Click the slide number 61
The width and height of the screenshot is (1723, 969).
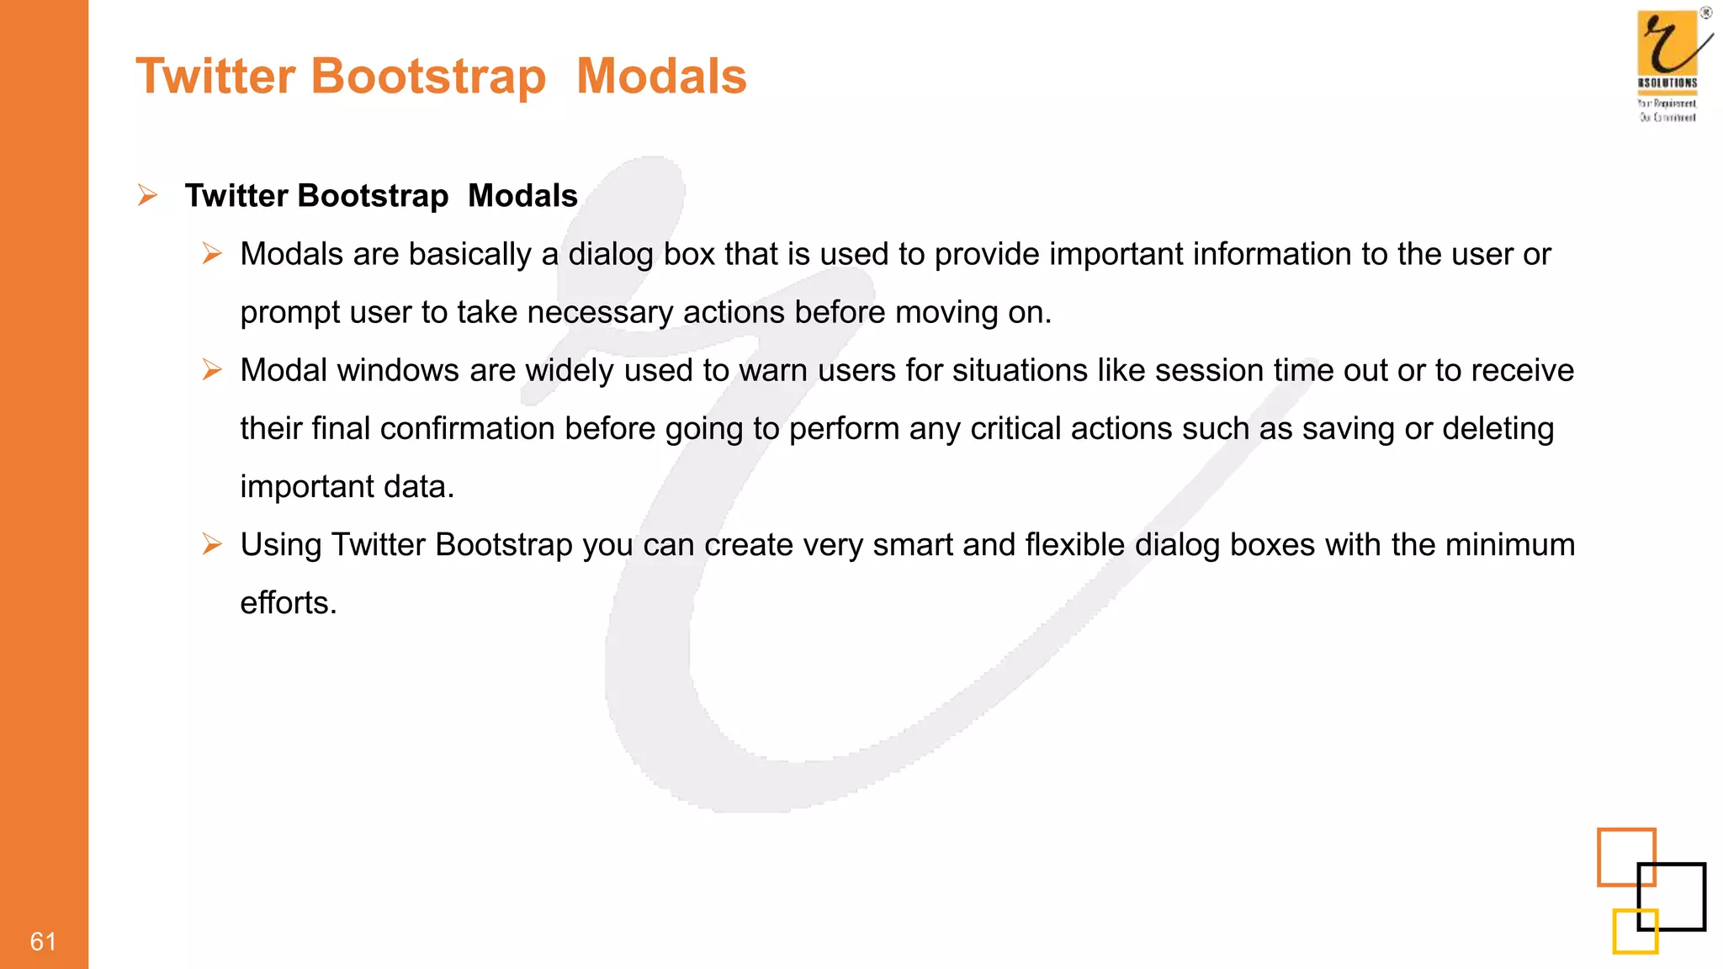tap(43, 941)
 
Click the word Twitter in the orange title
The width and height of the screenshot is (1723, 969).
tap(215, 76)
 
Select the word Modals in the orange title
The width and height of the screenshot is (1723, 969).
tap(661, 76)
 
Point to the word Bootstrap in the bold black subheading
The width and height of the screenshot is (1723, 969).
tap(372, 196)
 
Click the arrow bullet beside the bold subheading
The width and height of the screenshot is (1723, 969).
tap(148, 196)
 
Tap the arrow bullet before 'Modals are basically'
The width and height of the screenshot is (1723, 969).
tap(212, 253)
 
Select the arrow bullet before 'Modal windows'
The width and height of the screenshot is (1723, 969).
tap(212, 369)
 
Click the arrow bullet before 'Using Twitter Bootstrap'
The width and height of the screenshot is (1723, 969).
tap(212, 544)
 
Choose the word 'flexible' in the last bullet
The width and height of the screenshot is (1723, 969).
tap(1074, 544)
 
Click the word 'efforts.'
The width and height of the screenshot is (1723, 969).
tap(289, 603)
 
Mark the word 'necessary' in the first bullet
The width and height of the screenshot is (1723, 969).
tap(600, 313)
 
